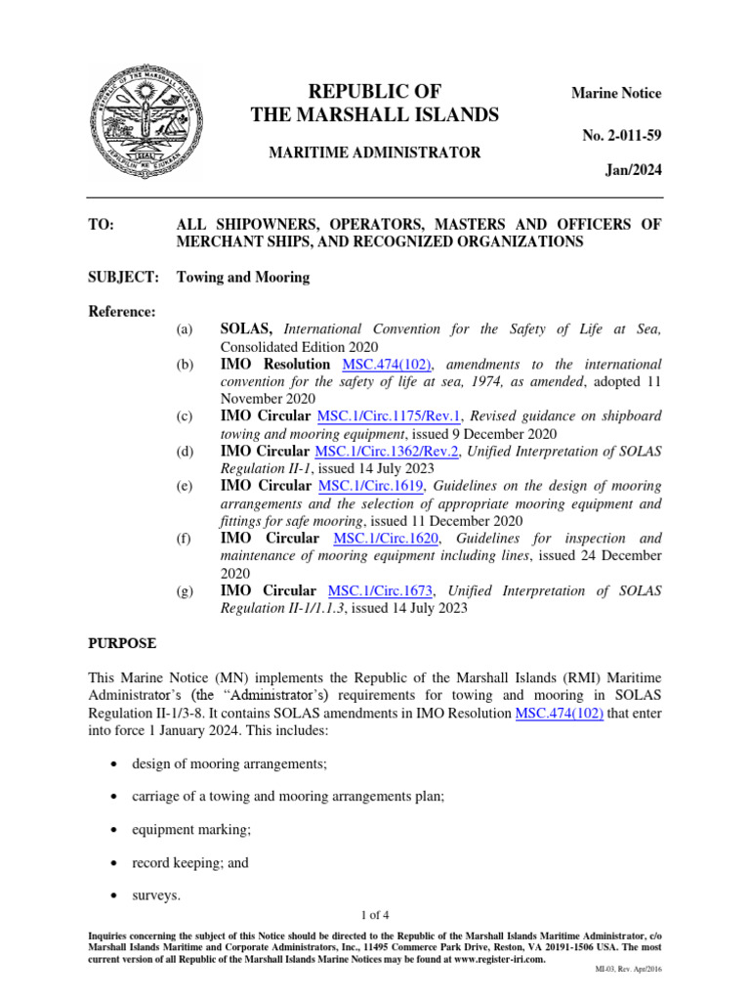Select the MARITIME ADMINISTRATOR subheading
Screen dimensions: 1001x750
[375, 152]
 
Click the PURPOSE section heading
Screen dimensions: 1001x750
[122, 644]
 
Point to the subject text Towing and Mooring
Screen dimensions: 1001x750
[242, 277]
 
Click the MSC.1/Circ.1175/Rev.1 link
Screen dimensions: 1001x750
[389, 417]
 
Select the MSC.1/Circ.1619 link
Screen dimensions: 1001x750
[372, 486]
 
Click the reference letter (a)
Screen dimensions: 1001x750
[185, 330]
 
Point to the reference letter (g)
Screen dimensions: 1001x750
[185, 591]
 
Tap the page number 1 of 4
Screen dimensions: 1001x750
[375, 915]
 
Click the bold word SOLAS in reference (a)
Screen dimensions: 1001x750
[250, 330]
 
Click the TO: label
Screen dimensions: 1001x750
[102, 224]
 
